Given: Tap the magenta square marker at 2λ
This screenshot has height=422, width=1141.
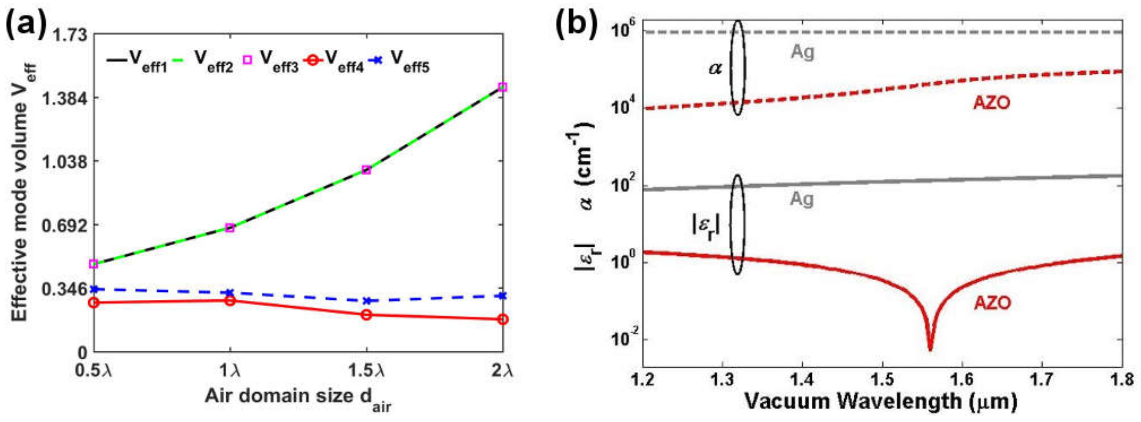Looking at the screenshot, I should (502, 87).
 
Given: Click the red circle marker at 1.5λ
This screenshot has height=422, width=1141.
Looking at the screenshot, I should (366, 315).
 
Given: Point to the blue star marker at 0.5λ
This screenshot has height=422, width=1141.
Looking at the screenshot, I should (93, 289).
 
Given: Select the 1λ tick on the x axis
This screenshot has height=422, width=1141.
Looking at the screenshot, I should (230, 370).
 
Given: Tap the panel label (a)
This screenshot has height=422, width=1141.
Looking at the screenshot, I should (26, 26).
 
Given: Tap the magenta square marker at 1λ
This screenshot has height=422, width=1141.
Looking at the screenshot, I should (229, 228).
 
